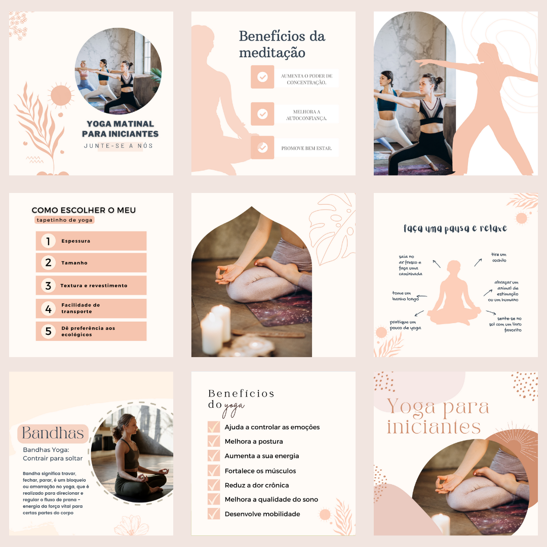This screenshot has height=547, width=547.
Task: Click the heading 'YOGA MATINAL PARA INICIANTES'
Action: point(120,129)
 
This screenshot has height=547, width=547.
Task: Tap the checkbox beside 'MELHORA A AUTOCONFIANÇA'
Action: point(262,114)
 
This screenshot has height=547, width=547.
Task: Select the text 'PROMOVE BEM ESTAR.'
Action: point(306,148)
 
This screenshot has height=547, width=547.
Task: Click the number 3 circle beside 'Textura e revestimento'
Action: point(49,286)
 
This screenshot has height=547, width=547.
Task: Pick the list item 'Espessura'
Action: point(75,241)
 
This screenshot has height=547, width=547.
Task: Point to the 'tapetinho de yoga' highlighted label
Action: point(64,220)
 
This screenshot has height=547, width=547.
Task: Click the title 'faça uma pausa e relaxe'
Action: point(455,228)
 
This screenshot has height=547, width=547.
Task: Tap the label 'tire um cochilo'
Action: point(499,257)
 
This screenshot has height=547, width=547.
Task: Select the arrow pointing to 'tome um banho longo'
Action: point(422,296)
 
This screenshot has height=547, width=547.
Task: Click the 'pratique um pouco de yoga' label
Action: point(405,325)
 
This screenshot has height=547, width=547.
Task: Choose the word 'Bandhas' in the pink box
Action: point(53,433)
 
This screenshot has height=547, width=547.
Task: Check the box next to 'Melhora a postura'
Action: point(214,441)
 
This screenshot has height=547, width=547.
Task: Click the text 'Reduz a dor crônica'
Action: point(257,485)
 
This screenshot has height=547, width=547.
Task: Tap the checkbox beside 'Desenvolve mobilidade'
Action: point(214,514)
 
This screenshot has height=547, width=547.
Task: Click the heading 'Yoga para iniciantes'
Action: point(438,417)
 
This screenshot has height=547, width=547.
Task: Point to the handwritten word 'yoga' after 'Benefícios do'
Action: point(233,408)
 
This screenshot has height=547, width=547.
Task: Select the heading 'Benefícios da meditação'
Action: point(282,44)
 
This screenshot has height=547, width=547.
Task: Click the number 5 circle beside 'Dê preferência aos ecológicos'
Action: point(49,331)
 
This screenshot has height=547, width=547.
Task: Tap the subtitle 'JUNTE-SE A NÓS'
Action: point(118,146)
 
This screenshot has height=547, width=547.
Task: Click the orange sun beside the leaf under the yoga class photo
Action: point(61,95)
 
